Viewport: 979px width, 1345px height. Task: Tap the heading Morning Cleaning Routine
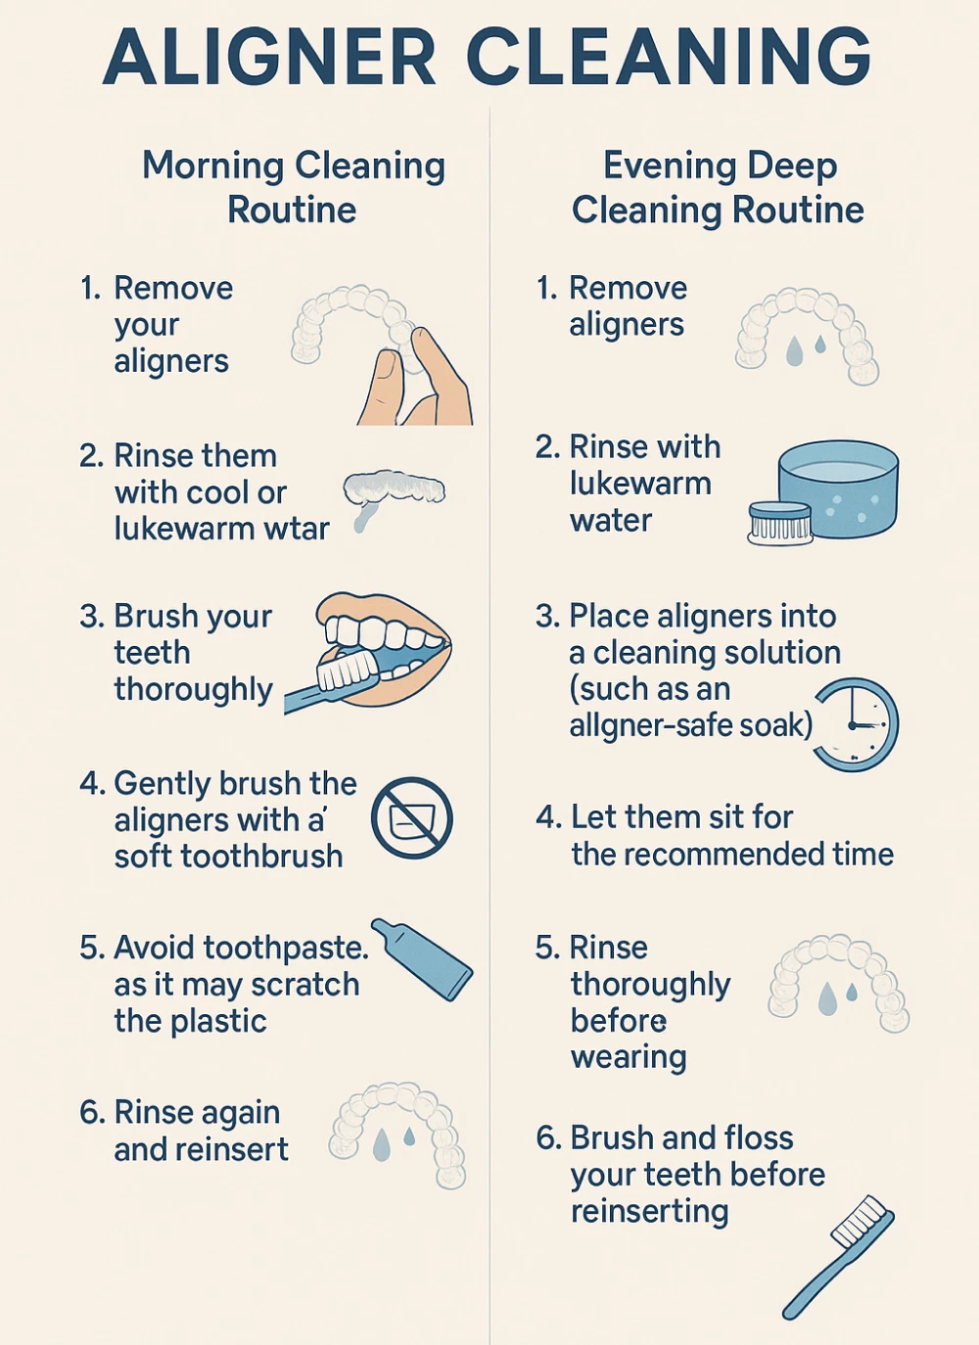pos(293,187)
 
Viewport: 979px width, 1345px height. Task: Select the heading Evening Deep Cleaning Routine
pos(718,187)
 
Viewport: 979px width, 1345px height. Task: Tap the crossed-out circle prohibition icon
pos(412,818)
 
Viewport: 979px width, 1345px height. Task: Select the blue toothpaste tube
pos(422,959)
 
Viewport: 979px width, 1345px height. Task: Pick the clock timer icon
pos(855,725)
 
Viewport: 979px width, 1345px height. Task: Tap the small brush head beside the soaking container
pos(780,524)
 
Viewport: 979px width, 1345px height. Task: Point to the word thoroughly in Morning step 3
pos(193,690)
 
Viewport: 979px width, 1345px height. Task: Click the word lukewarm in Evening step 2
pos(640,484)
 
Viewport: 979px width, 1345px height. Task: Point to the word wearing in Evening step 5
pos(629,1058)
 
